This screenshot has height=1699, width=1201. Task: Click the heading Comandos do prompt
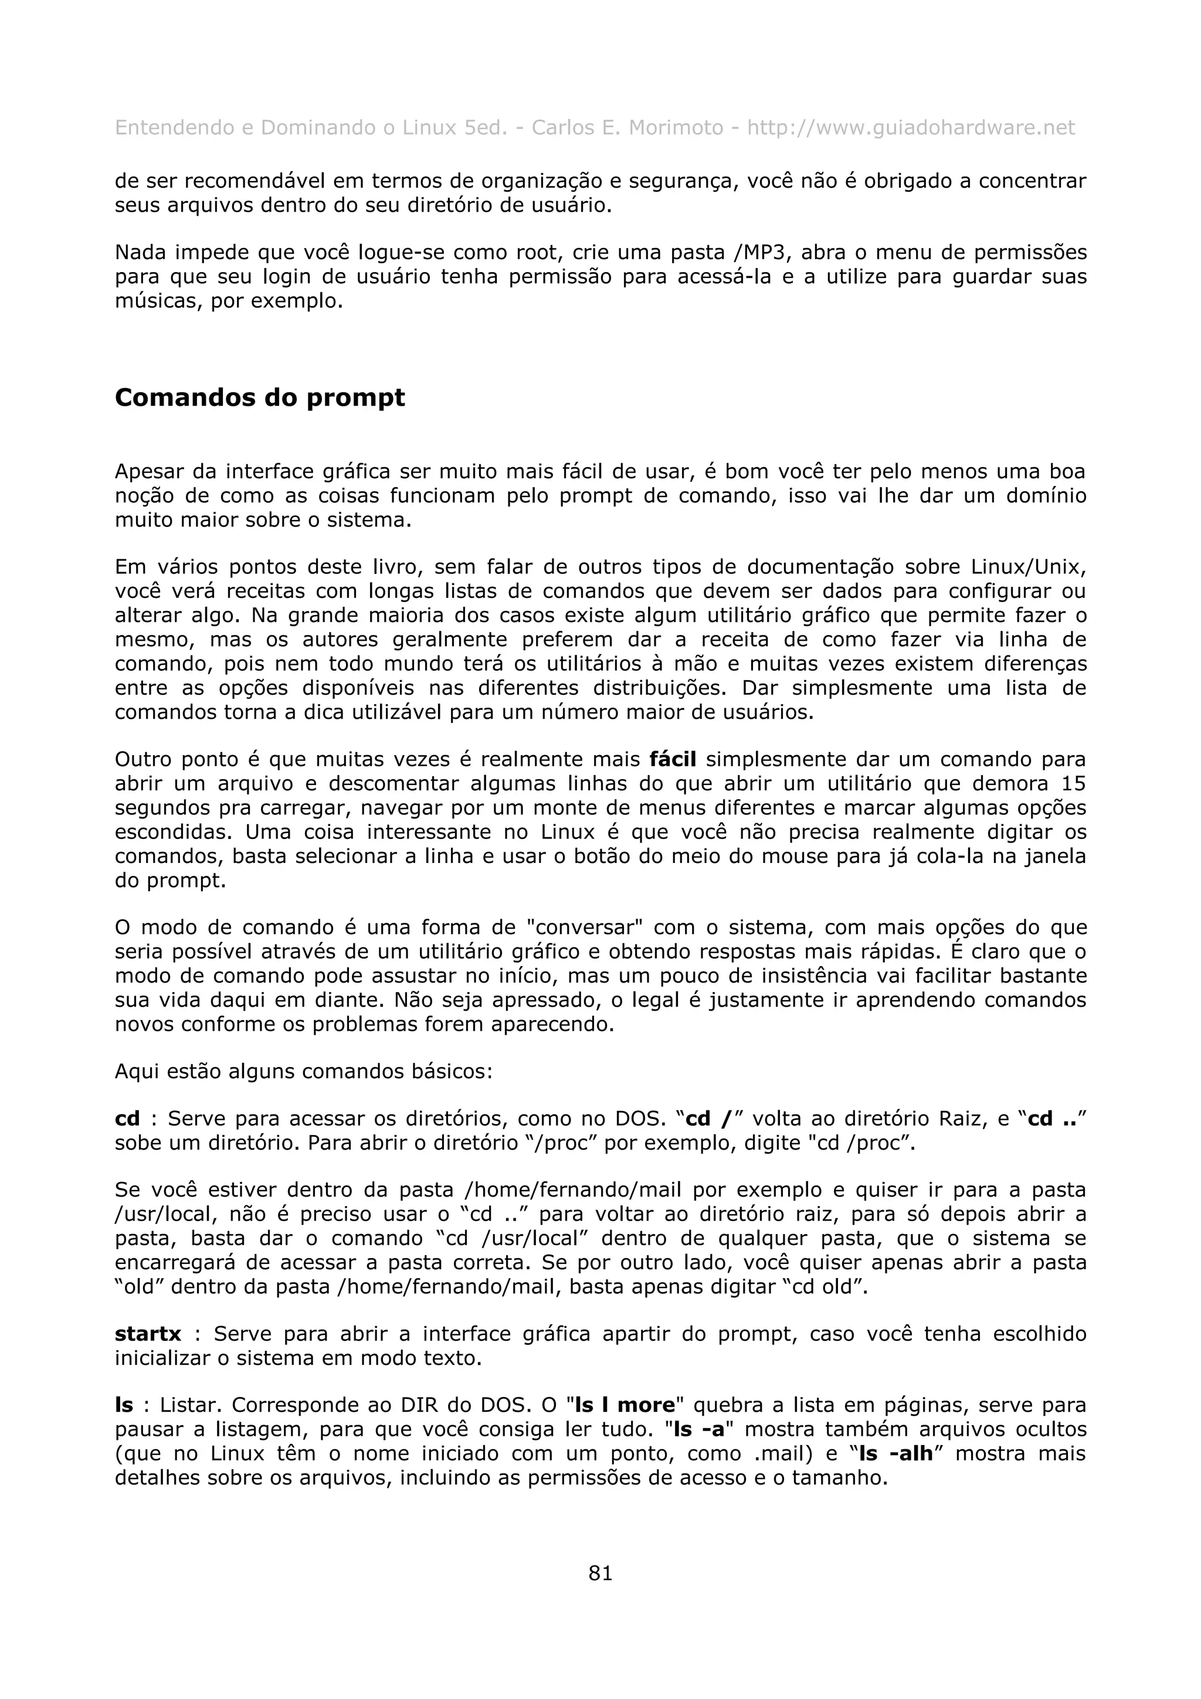260,397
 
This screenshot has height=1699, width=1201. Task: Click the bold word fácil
673,759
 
